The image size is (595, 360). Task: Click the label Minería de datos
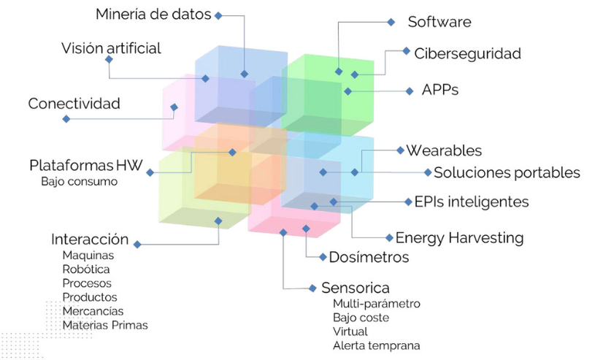(153, 14)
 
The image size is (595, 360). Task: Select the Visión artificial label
(111, 48)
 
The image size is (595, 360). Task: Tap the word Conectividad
(74, 104)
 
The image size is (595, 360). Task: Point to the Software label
(439, 22)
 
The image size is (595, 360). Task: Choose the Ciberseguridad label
(467, 53)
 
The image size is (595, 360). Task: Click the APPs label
(440, 91)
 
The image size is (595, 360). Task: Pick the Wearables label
(444, 150)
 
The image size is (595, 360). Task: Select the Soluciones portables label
(507, 173)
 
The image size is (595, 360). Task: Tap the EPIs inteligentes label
(471, 202)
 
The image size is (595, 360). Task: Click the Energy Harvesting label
(459, 237)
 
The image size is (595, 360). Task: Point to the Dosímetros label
(369, 257)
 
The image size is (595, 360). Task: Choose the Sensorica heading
(356, 288)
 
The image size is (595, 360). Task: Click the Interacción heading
(90, 240)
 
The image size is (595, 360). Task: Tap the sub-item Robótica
(86, 269)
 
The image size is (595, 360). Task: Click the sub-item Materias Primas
(105, 325)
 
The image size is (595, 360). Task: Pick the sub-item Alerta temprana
(376, 345)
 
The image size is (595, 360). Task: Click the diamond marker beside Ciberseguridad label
(407, 51)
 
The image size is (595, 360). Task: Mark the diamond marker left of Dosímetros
(323, 256)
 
